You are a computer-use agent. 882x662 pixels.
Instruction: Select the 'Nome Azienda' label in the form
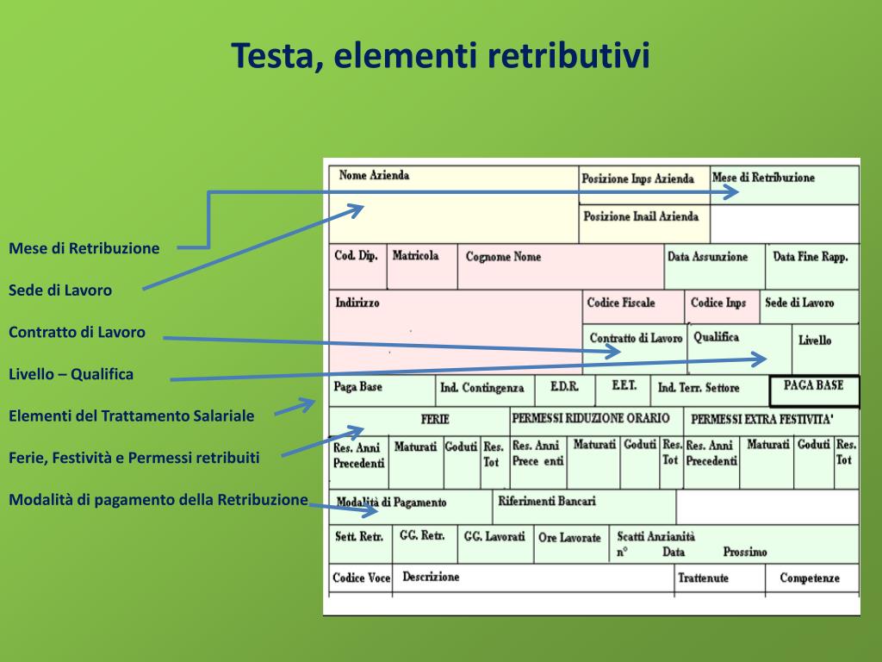coord(374,176)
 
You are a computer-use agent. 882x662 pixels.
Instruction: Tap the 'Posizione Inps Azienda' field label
coord(637,179)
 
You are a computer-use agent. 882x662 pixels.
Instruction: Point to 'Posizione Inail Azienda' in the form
coord(641,217)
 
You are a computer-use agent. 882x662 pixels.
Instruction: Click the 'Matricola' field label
coord(415,256)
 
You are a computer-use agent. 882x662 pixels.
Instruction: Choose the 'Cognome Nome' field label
coord(503,257)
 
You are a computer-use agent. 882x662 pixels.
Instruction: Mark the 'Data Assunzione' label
coord(707,257)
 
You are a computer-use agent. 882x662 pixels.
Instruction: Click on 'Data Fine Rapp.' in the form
coord(810,257)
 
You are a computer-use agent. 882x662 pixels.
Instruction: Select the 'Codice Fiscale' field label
coord(621,303)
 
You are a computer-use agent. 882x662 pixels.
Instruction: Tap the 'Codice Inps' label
coord(717,303)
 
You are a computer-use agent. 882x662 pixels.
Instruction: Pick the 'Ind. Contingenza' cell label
coord(481,389)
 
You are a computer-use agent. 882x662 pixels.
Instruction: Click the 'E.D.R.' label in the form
coord(564,387)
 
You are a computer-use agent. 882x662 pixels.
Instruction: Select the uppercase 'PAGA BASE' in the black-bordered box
coord(813,386)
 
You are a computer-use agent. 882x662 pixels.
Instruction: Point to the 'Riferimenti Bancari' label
coord(546,501)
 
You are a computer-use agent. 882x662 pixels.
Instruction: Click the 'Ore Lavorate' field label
coord(569,538)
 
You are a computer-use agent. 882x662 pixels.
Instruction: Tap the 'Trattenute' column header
coord(703,578)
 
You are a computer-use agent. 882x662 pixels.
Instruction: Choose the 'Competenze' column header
coord(809,578)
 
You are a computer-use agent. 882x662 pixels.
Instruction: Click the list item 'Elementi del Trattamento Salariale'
coord(132,416)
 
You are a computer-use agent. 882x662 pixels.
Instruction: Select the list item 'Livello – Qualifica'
coord(71,375)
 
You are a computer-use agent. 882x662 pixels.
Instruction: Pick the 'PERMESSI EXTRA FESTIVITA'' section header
coord(762,420)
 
